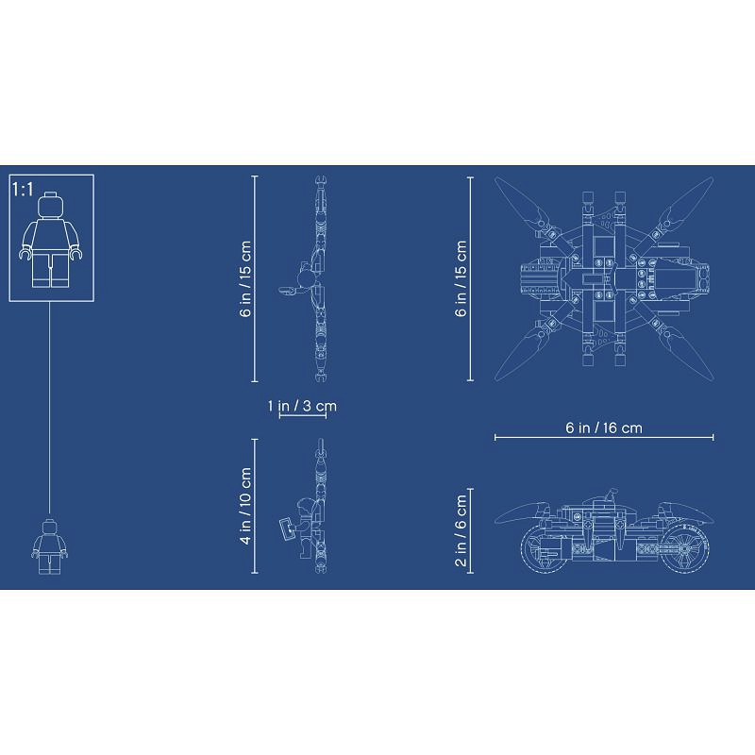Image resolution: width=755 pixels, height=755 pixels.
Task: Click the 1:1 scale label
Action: (23, 190)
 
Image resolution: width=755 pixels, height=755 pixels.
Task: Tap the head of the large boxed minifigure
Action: (51, 205)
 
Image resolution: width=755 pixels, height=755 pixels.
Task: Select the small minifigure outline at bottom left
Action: (49, 547)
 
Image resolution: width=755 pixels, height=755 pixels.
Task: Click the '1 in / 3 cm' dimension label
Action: (302, 406)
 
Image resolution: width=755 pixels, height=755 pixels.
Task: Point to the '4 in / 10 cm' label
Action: (245, 506)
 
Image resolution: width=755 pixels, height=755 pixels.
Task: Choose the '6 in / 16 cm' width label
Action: (604, 428)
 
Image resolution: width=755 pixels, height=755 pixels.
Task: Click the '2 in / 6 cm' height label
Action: (461, 530)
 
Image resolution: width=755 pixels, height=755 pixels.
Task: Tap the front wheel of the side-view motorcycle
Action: (543, 549)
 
